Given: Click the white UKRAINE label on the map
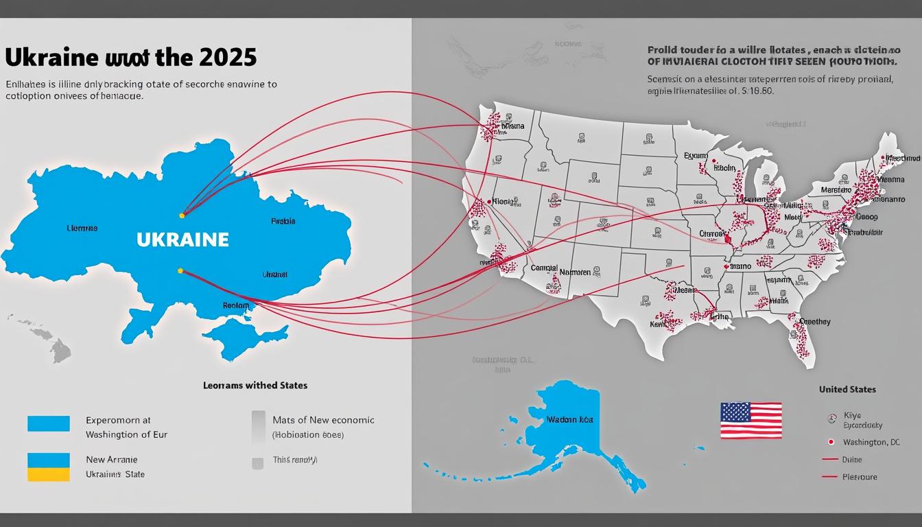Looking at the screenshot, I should pyautogui.click(x=182, y=239).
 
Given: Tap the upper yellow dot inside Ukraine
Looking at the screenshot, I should pyautogui.click(x=182, y=215).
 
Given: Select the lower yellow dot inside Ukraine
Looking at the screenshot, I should pyautogui.click(x=180, y=271).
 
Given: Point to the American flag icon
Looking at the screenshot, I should pyautogui.click(x=750, y=421).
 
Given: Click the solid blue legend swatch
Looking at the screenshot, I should pyautogui.click(x=48, y=423).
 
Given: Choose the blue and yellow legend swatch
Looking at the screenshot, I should pyautogui.click(x=48, y=467).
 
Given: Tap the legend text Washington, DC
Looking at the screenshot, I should pyautogui.click(x=871, y=442).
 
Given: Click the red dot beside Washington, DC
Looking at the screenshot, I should pyautogui.click(x=831, y=442).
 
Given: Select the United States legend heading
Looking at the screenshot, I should pyautogui.click(x=847, y=389).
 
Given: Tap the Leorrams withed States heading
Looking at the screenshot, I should pyautogui.click(x=255, y=386).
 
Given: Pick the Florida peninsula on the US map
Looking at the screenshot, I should pyautogui.click(x=803, y=340).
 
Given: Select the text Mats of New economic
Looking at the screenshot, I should pyautogui.click(x=323, y=420).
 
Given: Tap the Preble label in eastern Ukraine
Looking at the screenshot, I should pyautogui.click(x=283, y=222).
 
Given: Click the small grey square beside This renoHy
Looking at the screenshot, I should pyautogui.click(x=257, y=464).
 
